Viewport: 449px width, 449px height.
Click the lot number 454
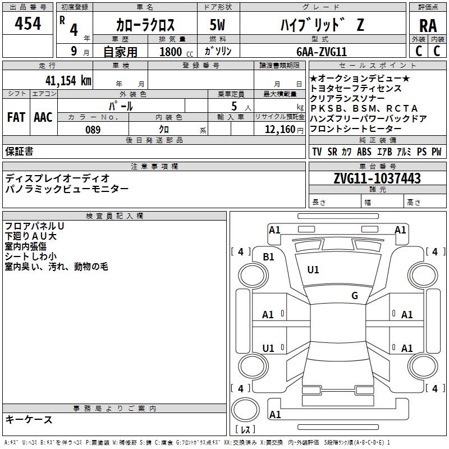pos(28,24)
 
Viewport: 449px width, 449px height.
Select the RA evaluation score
pos(428,26)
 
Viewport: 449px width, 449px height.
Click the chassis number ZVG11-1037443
pos(377,179)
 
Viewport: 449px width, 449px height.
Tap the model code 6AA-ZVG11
pos(322,52)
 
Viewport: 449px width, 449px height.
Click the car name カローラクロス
pos(145,25)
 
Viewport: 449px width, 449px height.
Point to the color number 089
pos(93,130)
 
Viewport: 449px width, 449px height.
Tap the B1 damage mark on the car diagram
pos(269,257)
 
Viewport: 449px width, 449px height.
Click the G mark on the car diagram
pos(355,296)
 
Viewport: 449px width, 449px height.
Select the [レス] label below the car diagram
pos(245,430)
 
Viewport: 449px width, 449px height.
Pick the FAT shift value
pos(16,117)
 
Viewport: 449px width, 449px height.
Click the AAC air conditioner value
pos(43,117)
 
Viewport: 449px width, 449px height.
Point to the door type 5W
pos(218,26)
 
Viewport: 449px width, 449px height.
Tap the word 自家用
pos(120,52)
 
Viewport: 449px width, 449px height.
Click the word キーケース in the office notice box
pos(29,419)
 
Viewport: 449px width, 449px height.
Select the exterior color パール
pos(121,106)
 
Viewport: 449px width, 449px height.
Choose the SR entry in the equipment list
pos(332,152)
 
